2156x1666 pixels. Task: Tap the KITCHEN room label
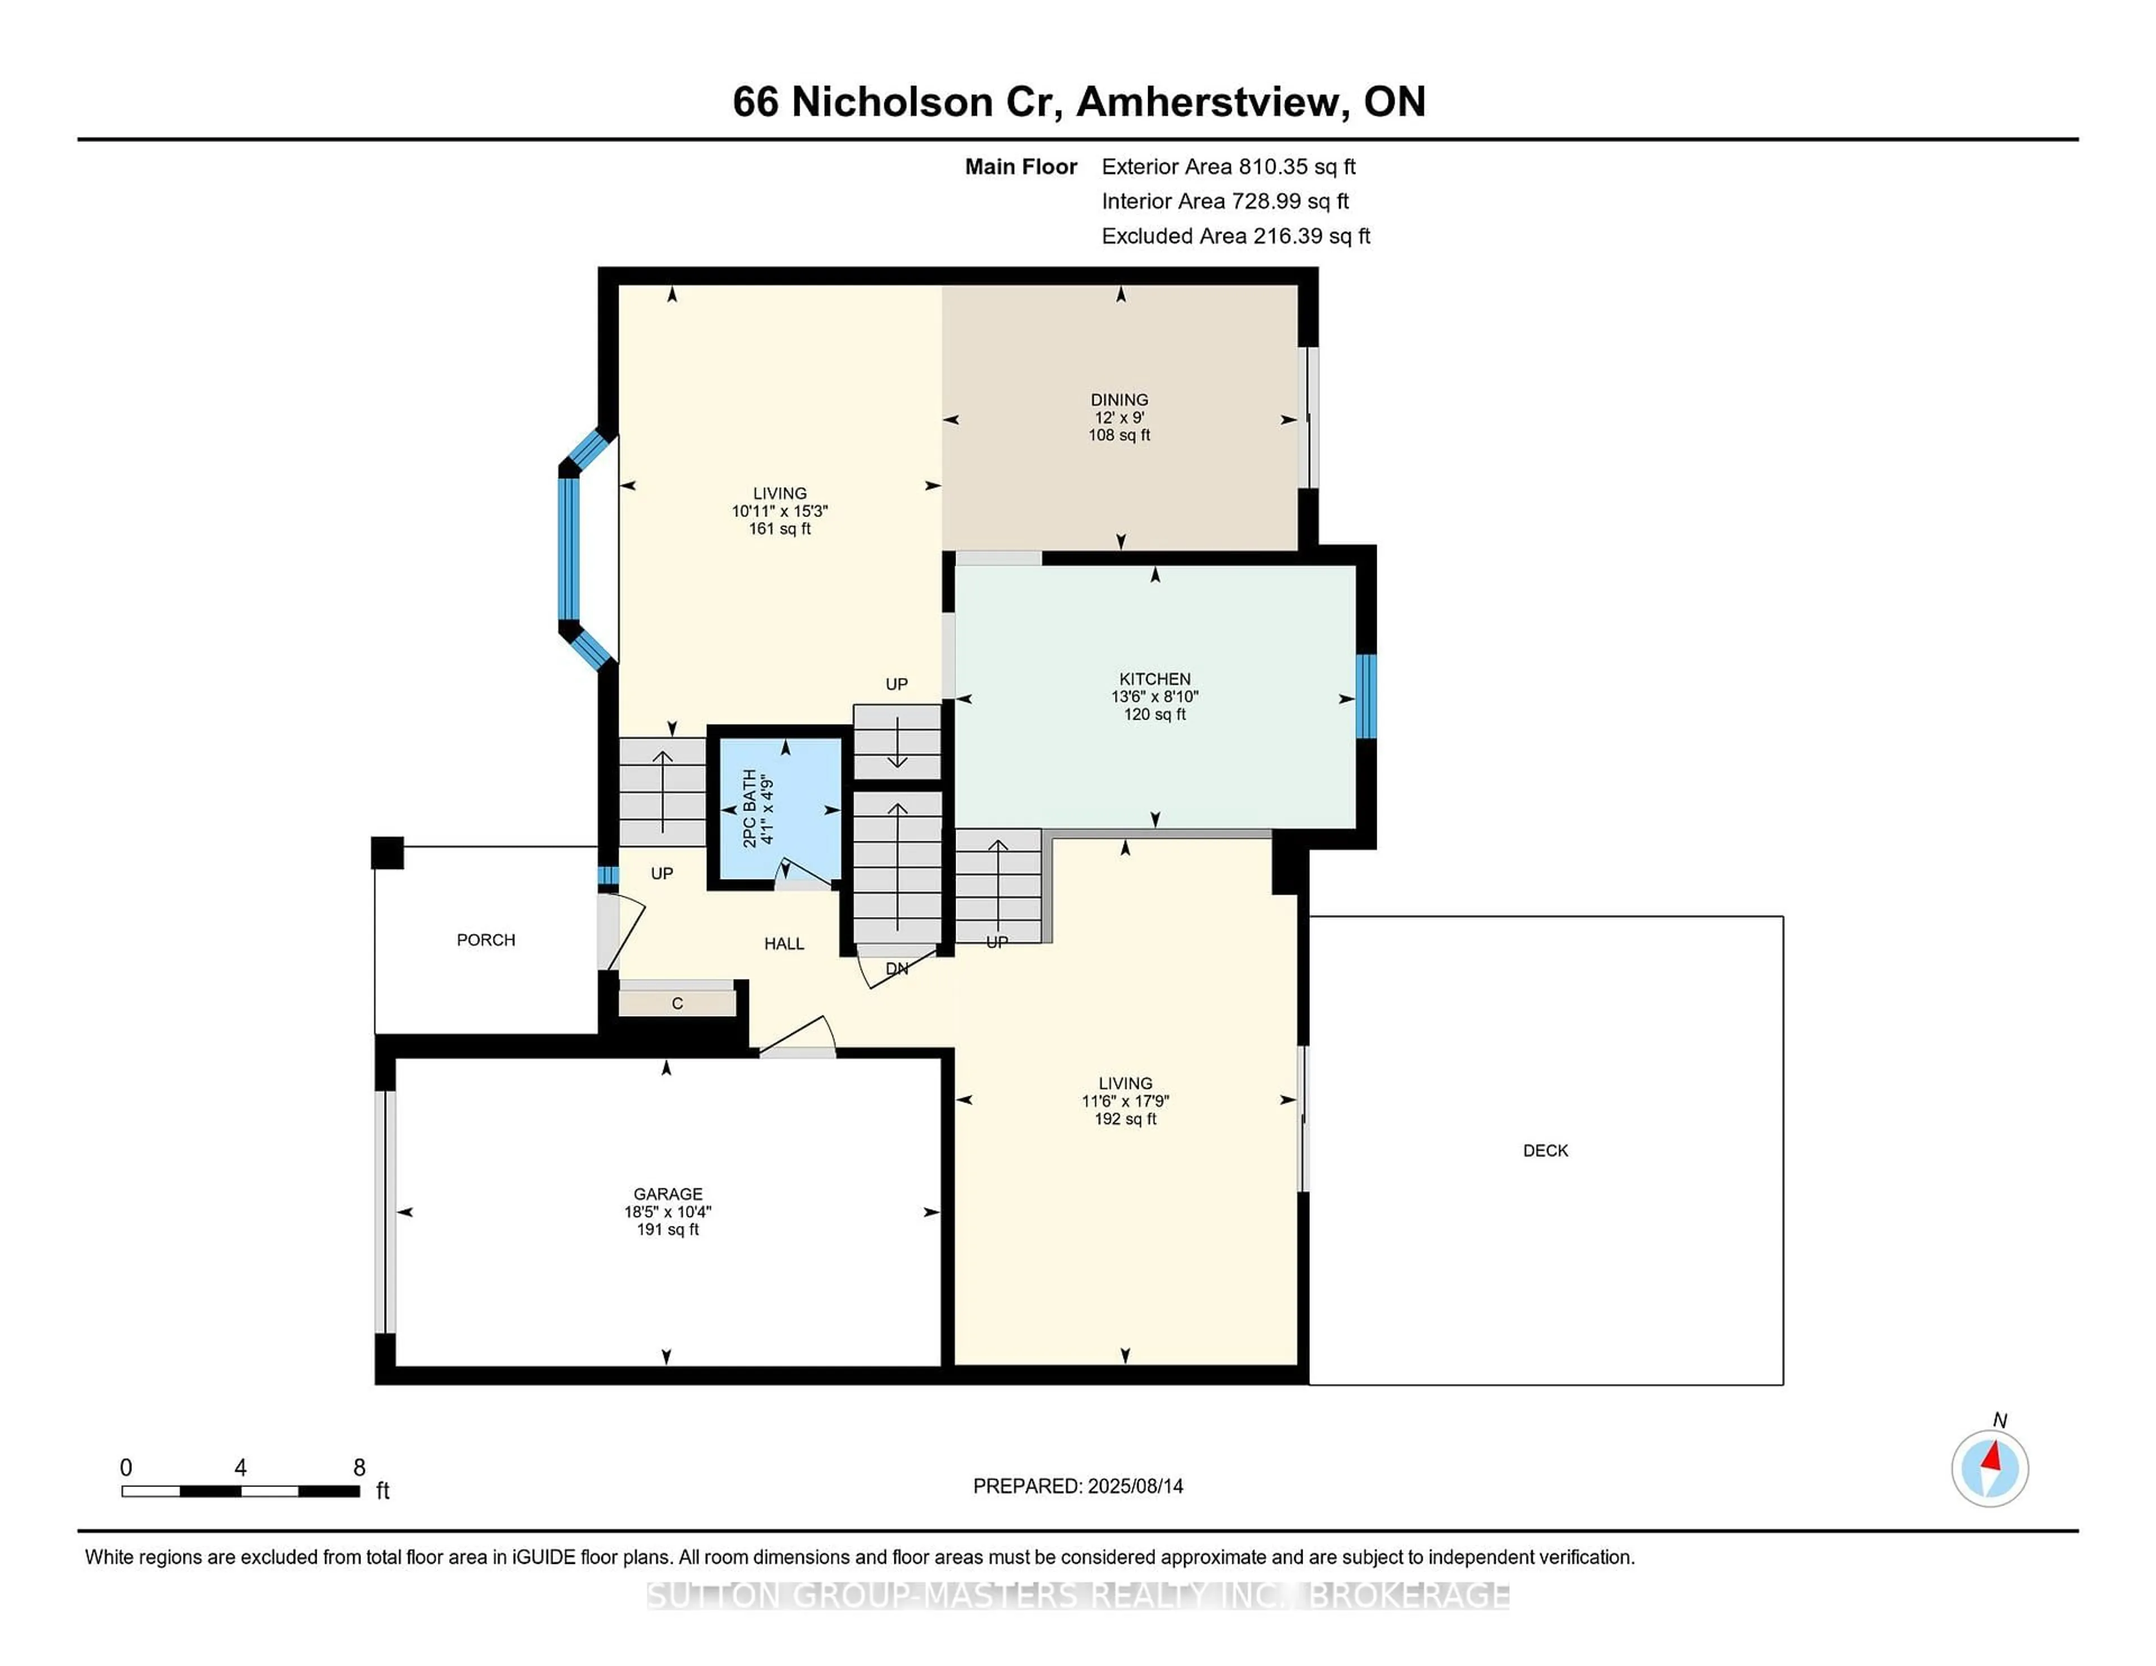pyautogui.click(x=1154, y=679)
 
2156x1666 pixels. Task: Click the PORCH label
pyautogui.click(x=486, y=940)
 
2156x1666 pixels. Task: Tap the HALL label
pyautogui.click(x=784, y=944)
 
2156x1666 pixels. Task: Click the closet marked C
pyautogui.click(x=677, y=1003)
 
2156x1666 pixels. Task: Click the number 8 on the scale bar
pyautogui.click(x=359, y=1468)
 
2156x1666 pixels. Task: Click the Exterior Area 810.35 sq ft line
pyautogui.click(x=1228, y=167)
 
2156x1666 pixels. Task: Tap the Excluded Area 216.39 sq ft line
pyautogui.click(x=1235, y=236)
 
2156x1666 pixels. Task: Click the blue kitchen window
pyautogui.click(x=1365, y=697)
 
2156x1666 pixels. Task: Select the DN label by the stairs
pyautogui.click(x=896, y=969)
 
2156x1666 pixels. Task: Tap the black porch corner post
pyautogui.click(x=387, y=853)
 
